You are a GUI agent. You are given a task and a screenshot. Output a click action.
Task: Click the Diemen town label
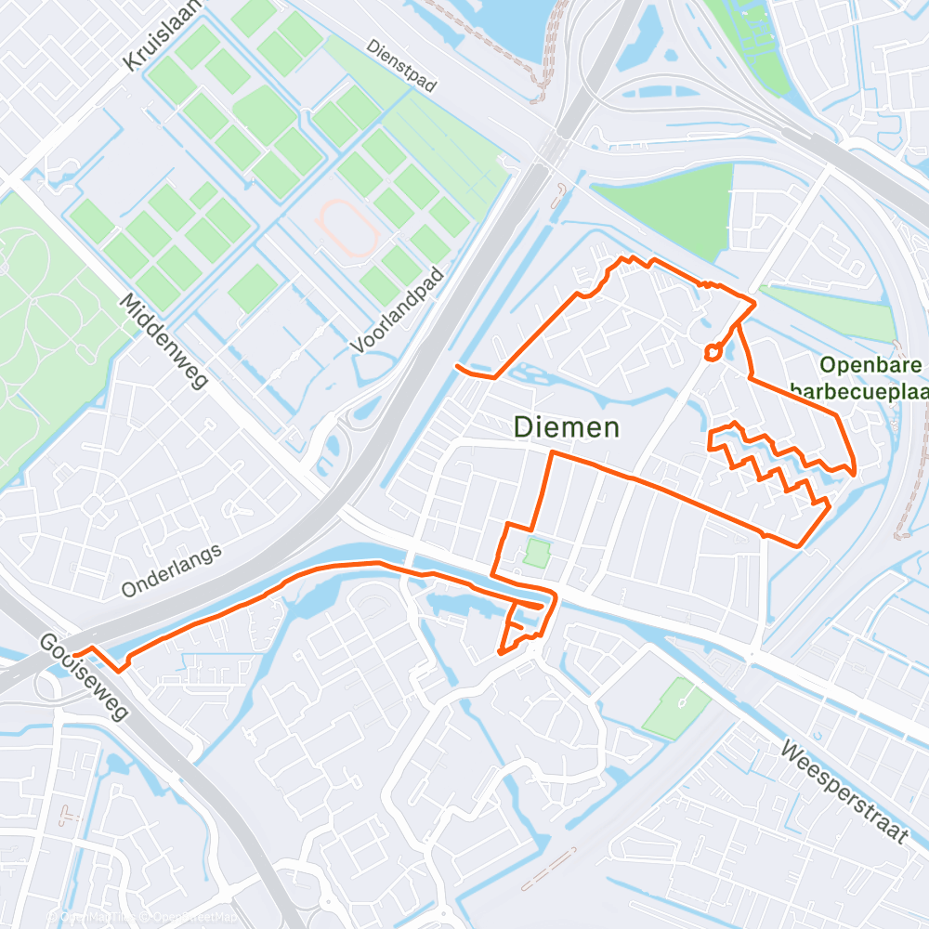tap(567, 427)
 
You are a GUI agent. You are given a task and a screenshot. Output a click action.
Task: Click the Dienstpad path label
tap(400, 66)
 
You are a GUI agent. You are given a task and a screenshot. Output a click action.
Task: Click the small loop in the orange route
tap(713, 351)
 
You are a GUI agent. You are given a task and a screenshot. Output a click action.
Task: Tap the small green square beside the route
tap(535, 554)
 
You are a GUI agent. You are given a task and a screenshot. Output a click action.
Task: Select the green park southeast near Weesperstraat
tap(675, 708)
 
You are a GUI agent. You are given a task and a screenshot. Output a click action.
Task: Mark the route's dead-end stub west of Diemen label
tap(457, 367)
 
